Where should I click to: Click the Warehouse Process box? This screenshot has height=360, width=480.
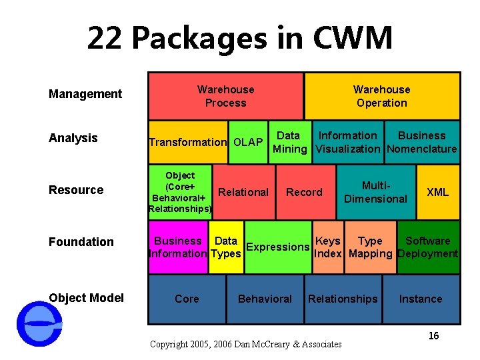click(x=225, y=96)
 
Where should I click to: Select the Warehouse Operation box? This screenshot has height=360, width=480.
click(x=382, y=96)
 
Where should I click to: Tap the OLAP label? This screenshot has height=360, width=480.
click(x=248, y=142)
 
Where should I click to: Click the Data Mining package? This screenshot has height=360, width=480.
click(x=289, y=142)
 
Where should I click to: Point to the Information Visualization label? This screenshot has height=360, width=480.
click(x=347, y=142)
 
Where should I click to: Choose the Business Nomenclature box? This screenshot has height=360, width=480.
click(x=421, y=142)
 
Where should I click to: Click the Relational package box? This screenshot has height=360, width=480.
click(x=243, y=192)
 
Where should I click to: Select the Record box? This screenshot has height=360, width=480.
click(x=304, y=192)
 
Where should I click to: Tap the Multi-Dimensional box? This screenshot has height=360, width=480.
click(x=375, y=192)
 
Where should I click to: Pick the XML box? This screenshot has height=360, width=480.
click(x=437, y=192)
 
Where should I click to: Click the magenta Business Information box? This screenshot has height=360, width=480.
click(x=178, y=247)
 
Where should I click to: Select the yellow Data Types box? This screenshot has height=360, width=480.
click(x=226, y=247)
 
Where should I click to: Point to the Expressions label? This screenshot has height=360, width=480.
click(x=277, y=247)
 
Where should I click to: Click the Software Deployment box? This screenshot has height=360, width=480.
click(x=427, y=247)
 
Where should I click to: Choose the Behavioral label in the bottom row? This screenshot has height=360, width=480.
click(x=265, y=299)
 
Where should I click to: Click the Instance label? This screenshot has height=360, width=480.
click(x=421, y=299)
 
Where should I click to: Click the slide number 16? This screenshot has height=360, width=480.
click(x=433, y=336)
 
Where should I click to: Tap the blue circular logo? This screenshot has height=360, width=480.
click(x=39, y=324)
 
